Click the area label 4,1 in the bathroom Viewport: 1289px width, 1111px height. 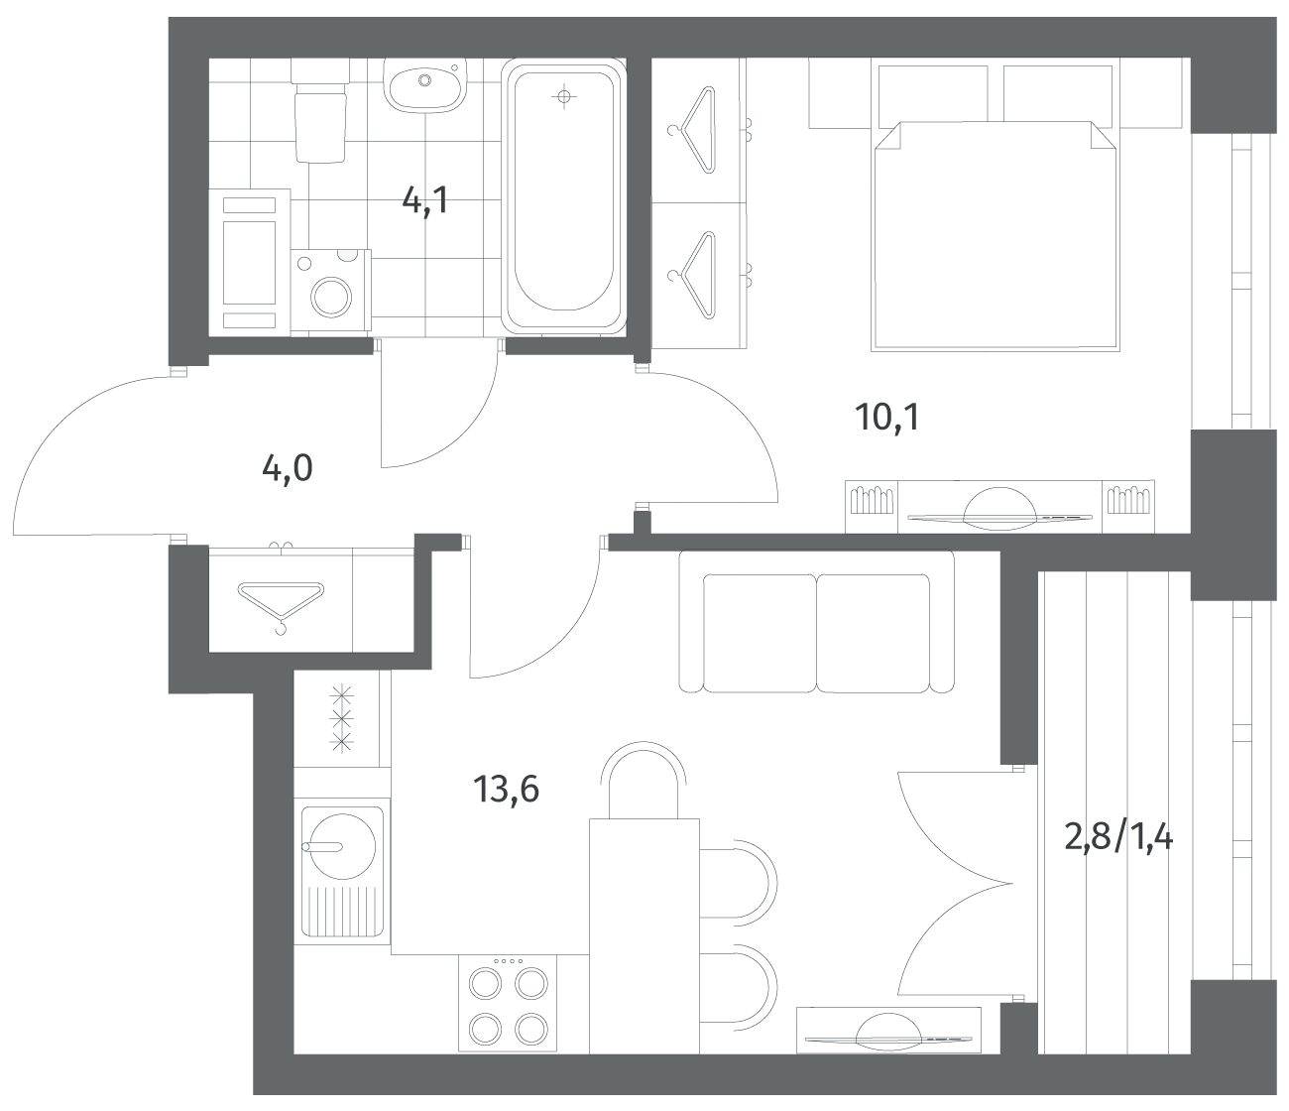[x=425, y=200]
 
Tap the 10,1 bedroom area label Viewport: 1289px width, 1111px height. [x=887, y=417]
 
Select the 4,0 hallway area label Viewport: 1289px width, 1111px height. [x=287, y=468]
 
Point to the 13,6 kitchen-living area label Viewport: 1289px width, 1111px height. [x=506, y=790]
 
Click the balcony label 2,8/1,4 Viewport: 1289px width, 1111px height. [x=1118, y=837]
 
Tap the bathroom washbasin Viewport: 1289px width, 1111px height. [x=424, y=85]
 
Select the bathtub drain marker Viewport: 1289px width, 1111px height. [x=564, y=96]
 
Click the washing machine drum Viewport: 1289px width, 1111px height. [x=331, y=297]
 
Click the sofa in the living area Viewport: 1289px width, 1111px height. [x=816, y=621]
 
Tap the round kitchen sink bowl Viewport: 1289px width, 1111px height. [x=342, y=846]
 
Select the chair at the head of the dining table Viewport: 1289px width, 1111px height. [x=643, y=779]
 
